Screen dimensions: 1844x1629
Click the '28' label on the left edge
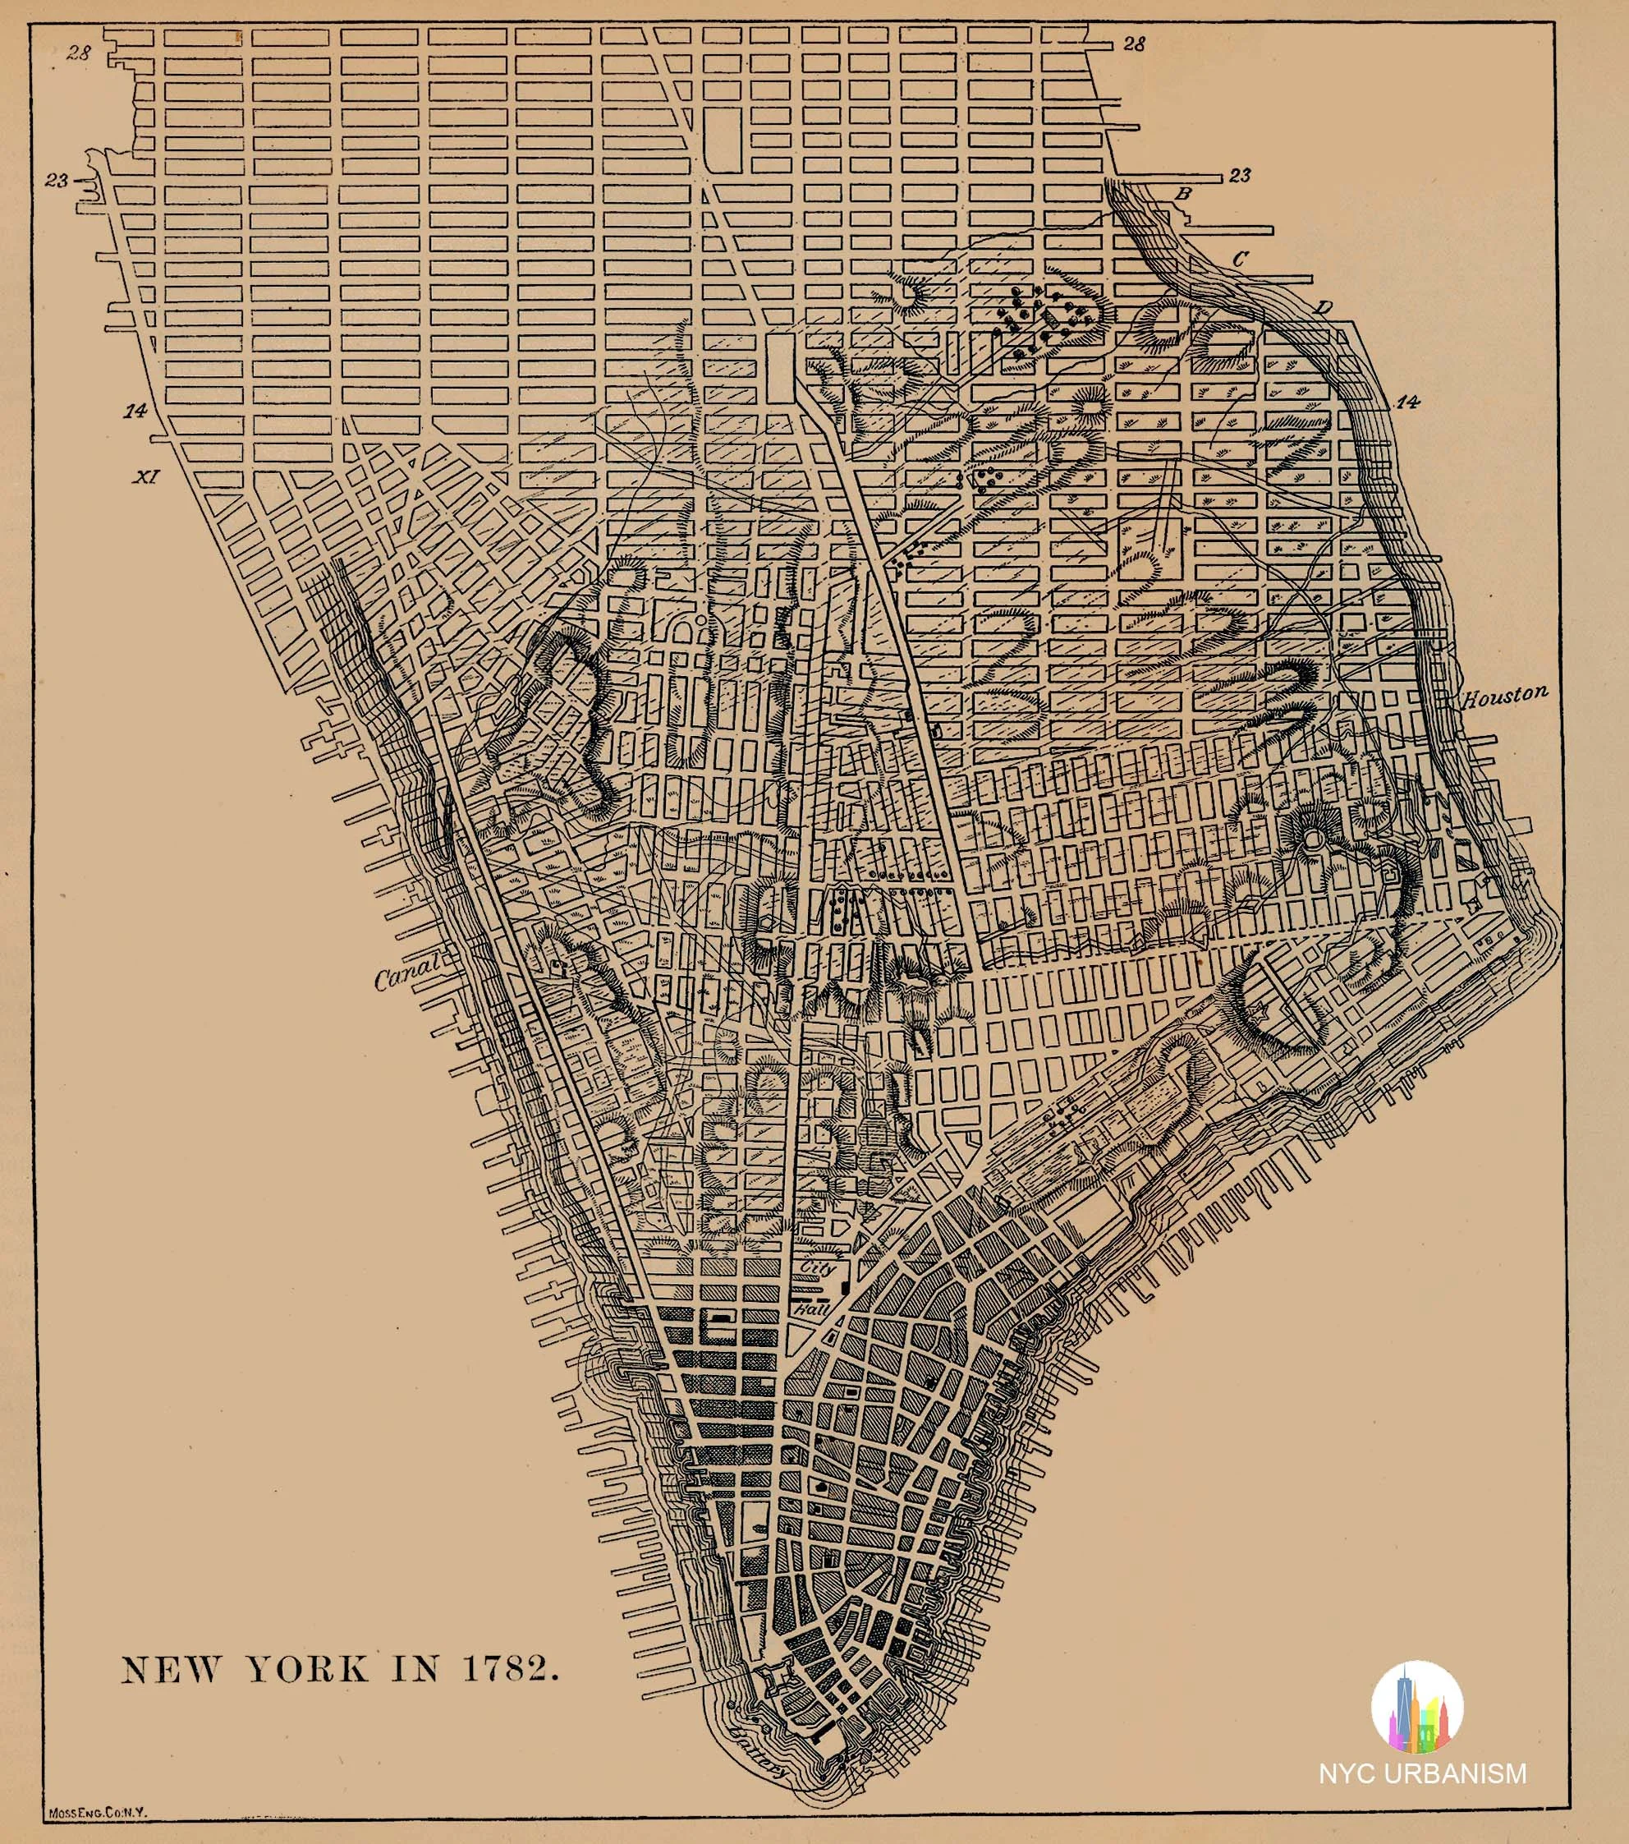(x=79, y=53)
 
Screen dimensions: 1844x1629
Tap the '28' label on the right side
(x=1134, y=44)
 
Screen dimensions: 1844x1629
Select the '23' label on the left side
(x=57, y=181)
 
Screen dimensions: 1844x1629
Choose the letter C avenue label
(x=1241, y=258)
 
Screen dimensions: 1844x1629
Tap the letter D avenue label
(x=1322, y=308)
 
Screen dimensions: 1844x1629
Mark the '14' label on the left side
(x=135, y=412)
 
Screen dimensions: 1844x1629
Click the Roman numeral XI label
(x=146, y=476)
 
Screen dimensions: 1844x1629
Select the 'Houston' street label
(x=1503, y=696)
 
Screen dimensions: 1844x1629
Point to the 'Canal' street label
(x=405, y=972)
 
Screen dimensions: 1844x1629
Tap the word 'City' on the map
(x=818, y=1268)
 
